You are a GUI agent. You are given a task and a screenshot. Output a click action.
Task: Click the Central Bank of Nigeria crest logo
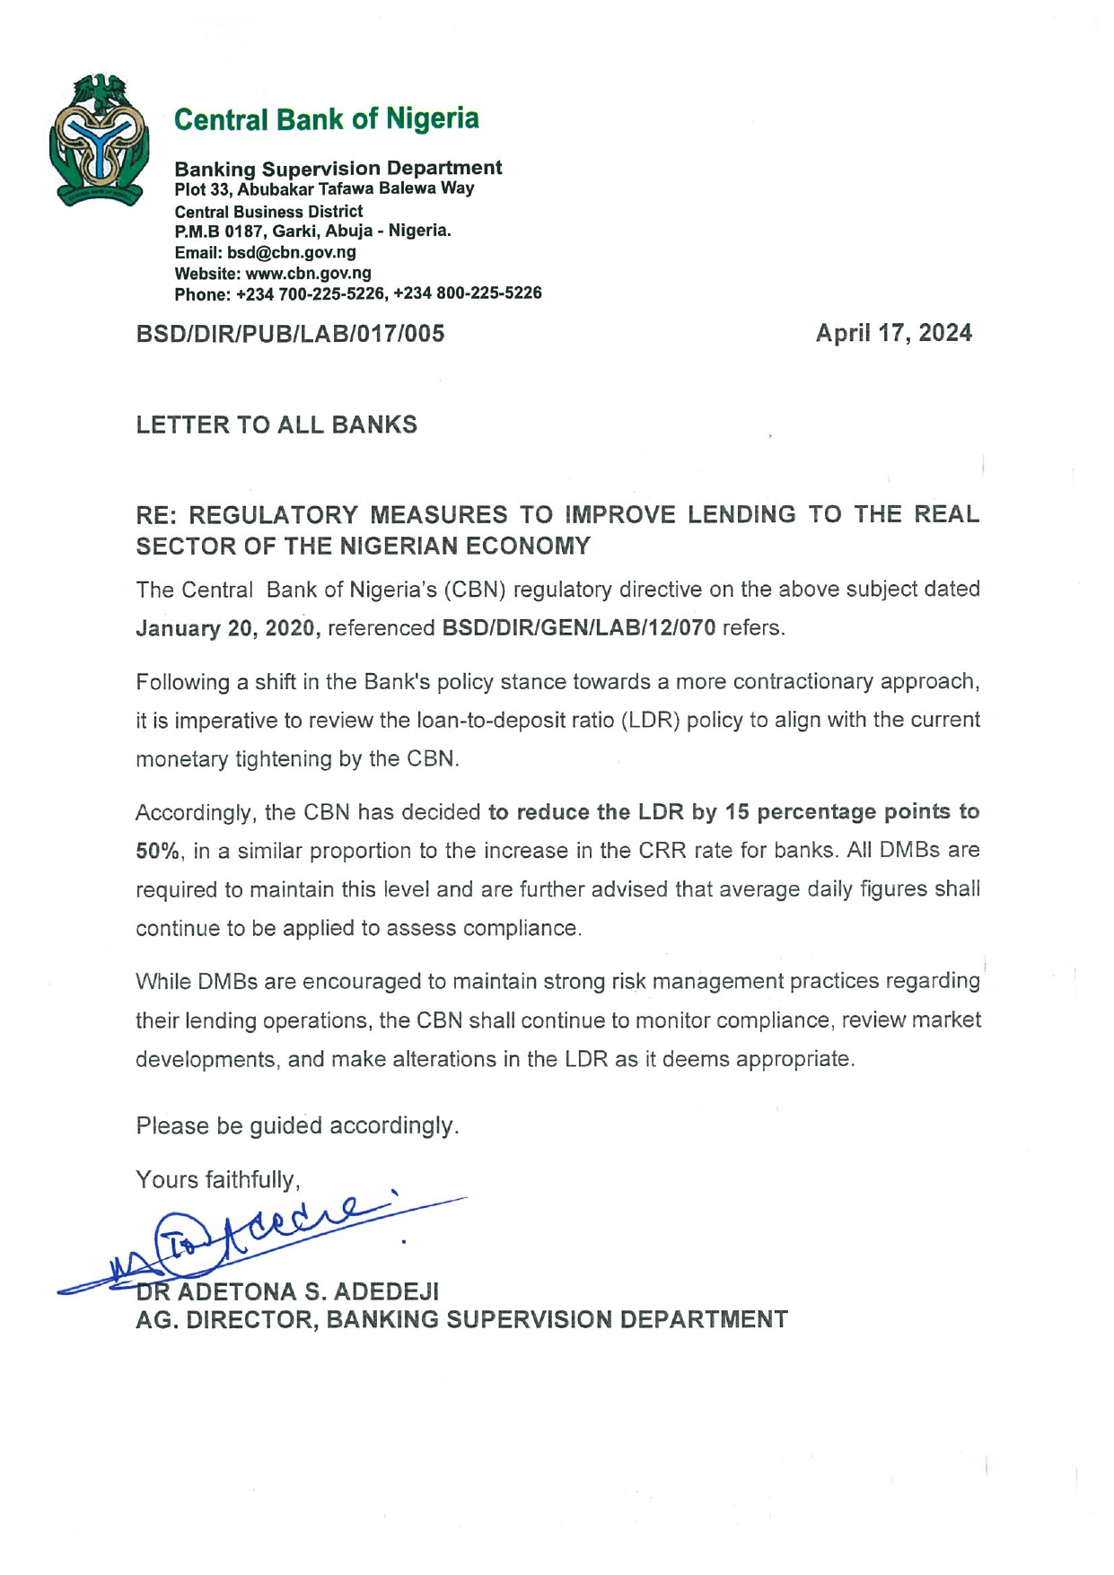pos(99,140)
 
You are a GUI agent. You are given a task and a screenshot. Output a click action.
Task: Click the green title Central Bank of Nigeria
pos(326,118)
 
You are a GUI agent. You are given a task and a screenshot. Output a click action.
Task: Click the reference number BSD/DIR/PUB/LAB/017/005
pos(290,334)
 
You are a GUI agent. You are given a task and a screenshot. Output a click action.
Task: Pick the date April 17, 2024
pos(893,333)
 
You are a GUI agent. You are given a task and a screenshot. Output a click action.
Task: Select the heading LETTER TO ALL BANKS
pos(276,424)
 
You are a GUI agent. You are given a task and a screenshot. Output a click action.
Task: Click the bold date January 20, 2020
pos(228,628)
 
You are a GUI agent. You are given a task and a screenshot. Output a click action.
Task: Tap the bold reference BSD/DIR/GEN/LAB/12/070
pos(579,628)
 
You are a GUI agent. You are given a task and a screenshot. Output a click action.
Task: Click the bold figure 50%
pos(159,851)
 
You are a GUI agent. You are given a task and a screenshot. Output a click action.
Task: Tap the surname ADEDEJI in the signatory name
pos(386,1291)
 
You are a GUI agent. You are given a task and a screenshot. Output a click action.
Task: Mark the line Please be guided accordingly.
pos(297,1125)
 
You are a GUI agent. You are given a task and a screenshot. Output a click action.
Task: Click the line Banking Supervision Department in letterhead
pos(338,168)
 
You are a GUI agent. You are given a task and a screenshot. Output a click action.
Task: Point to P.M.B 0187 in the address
pos(215,231)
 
